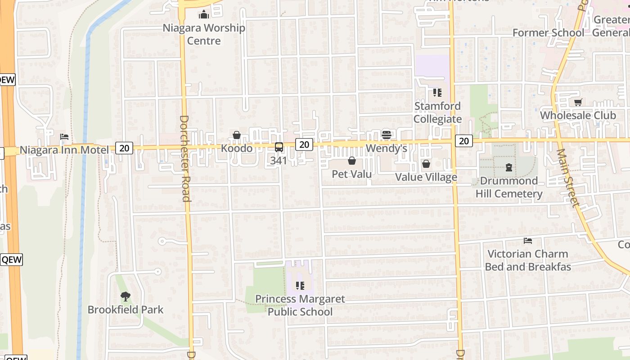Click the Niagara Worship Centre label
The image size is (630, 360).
tap(204, 34)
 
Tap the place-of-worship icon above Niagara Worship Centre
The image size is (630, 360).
tap(204, 15)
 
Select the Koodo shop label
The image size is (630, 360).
tap(237, 148)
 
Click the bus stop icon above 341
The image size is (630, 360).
tap(279, 147)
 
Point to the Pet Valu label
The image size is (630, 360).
tap(352, 174)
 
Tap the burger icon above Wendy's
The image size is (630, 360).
tap(386, 135)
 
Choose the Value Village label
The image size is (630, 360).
tap(426, 177)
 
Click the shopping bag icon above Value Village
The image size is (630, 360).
tap(426, 164)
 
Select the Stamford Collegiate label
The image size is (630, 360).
tap(437, 112)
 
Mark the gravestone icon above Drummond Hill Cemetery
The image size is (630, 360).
tap(509, 167)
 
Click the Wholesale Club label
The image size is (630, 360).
tap(578, 115)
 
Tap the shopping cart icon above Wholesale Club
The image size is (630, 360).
tap(578, 102)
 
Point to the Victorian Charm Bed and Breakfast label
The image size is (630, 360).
tap(528, 260)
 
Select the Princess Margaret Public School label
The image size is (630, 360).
tap(300, 305)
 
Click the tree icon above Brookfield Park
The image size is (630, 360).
tap(126, 297)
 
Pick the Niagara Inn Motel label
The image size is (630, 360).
tap(64, 150)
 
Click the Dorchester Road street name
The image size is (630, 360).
tap(185, 158)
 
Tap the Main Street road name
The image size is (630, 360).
tap(568, 177)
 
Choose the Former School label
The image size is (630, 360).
tap(548, 33)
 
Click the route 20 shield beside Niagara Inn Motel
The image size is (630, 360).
tap(124, 148)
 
